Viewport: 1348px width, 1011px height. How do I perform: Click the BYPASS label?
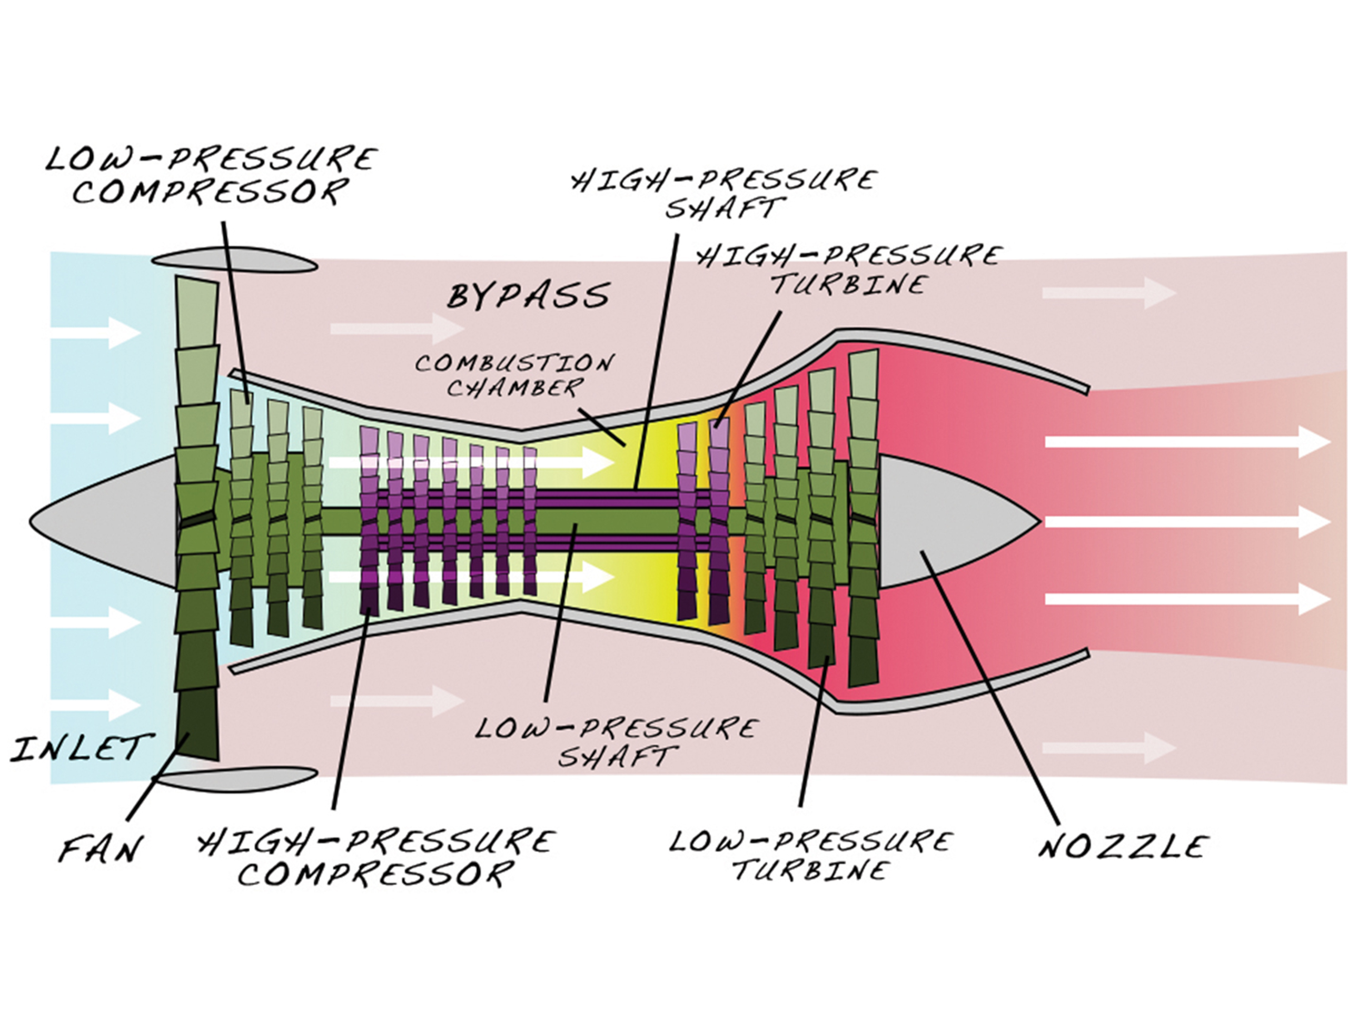[528, 296]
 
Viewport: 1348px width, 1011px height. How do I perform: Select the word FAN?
[101, 848]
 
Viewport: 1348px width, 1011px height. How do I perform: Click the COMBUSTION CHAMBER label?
[514, 375]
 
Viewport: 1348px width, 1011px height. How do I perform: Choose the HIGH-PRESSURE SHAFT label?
[724, 194]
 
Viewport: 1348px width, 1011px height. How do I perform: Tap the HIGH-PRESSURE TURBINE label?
[848, 270]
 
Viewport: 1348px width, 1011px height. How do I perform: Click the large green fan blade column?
[197, 518]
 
